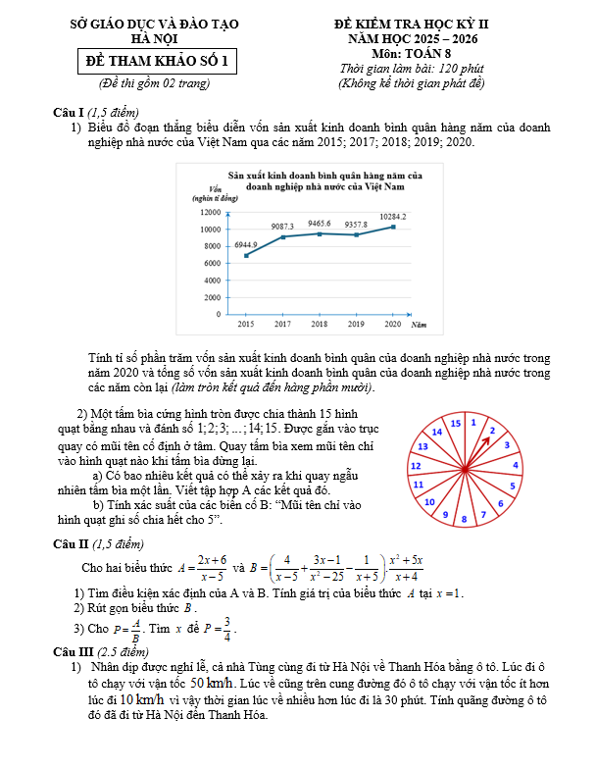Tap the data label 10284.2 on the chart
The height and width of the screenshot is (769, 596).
point(393,216)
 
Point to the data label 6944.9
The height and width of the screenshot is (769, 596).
point(245,244)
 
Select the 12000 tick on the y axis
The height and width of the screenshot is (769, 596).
point(210,213)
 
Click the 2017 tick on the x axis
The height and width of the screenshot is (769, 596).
point(282,324)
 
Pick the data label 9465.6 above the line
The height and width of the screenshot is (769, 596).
point(319,224)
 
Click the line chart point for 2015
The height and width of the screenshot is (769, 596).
point(245,255)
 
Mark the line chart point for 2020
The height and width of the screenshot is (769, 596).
point(393,227)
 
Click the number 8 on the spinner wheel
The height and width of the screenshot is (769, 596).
point(465,517)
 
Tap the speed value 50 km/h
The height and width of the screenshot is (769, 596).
point(212,683)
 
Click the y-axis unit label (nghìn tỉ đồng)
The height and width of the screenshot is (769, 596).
point(218,199)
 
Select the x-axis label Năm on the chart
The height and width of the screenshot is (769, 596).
point(418,324)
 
